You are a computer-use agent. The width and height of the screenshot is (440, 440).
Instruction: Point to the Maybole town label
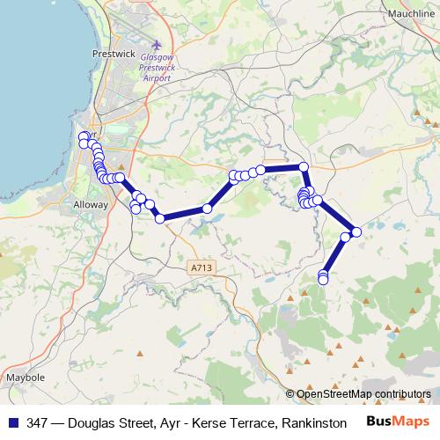pos(26,378)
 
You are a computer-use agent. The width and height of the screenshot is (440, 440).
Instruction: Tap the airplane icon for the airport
pos(158,45)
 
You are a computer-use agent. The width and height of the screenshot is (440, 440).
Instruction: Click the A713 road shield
pos(202,266)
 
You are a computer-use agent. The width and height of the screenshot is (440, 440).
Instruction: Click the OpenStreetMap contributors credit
pos(363,393)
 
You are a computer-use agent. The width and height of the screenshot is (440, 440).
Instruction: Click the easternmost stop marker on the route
pos(356,231)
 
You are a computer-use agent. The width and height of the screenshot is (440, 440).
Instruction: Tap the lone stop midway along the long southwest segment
pos(207,209)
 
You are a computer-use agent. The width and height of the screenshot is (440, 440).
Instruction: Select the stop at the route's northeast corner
pos(304,166)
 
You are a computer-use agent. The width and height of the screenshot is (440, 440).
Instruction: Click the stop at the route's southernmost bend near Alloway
pos(160,218)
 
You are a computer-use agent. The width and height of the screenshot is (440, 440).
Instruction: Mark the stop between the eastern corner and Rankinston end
pos(346,236)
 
